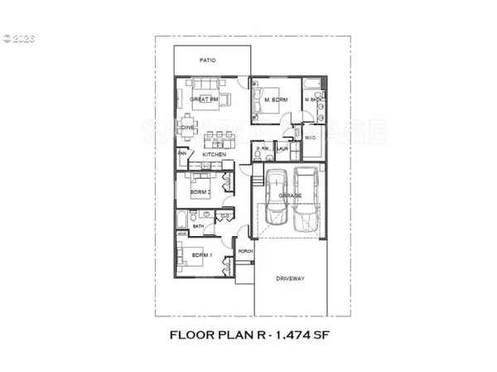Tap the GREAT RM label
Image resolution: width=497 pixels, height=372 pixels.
tap(203, 99)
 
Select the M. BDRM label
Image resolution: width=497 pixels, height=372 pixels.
tap(275, 101)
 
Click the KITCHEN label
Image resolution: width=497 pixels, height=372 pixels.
tap(215, 155)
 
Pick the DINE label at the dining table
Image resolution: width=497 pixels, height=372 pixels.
tap(187, 127)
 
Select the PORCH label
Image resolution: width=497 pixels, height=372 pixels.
tap(244, 252)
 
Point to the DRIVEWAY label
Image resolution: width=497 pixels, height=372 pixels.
tap(289, 278)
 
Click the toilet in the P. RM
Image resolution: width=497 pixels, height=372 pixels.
tap(259, 157)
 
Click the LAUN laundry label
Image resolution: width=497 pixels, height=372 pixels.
tap(282, 150)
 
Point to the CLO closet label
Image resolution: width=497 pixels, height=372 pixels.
tap(224, 216)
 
